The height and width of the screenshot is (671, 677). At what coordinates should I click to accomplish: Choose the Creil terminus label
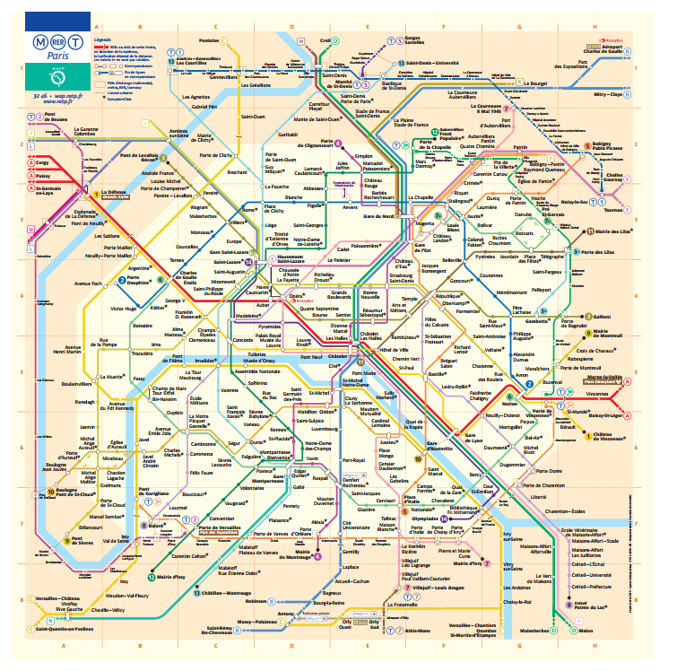tap(325, 40)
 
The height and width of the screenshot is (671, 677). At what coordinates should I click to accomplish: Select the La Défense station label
tap(112, 192)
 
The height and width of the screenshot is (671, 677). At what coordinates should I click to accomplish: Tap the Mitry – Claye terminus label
tap(607, 93)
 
